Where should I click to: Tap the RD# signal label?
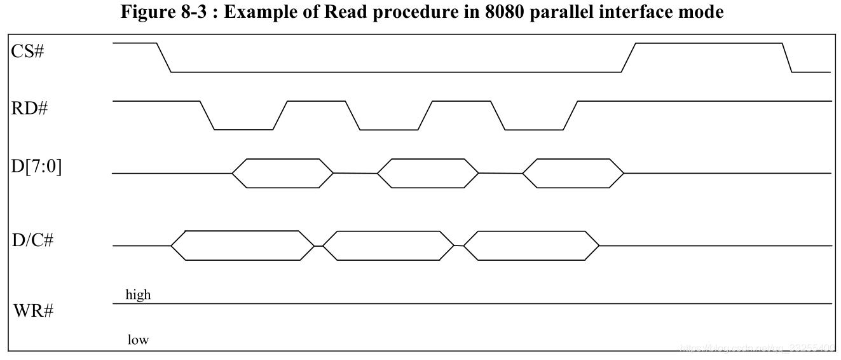click(x=29, y=109)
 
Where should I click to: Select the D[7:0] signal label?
click(x=36, y=169)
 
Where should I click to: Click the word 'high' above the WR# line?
click(x=138, y=295)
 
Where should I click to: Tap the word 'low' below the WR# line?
click(x=138, y=340)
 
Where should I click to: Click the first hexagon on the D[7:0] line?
click(x=283, y=173)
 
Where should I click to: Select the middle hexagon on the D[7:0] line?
click(x=428, y=173)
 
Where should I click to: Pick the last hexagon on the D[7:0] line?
click(x=573, y=173)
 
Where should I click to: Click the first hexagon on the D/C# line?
click(x=243, y=246)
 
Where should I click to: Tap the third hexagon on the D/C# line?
click(x=531, y=246)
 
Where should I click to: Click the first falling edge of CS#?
click(x=164, y=57)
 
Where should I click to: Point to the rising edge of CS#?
click(x=628, y=57)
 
